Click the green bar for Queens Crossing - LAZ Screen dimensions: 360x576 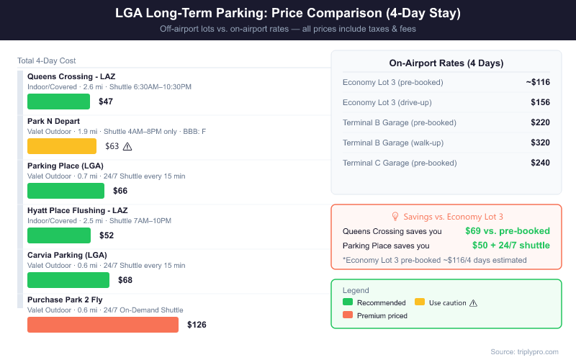(x=58, y=102)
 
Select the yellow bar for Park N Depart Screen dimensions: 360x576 (x=61, y=146)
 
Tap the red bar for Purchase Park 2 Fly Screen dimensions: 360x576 (x=102, y=325)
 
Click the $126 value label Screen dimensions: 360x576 (x=197, y=325)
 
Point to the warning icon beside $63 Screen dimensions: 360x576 (x=128, y=146)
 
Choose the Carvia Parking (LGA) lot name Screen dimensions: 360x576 (x=67, y=255)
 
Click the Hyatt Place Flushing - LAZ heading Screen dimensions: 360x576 (x=77, y=210)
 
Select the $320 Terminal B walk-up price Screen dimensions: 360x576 (x=540, y=143)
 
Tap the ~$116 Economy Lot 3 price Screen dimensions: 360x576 (x=538, y=82)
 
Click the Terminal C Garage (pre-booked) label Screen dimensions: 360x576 (x=399, y=163)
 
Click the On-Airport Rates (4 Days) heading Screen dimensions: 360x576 (x=446, y=63)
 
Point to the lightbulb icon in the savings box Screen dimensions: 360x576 (x=395, y=216)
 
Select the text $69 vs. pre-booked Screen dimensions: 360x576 (x=507, y=231)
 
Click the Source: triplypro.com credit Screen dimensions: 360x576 (x=524, y=351)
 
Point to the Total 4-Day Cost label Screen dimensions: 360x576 (x=47, y=60)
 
